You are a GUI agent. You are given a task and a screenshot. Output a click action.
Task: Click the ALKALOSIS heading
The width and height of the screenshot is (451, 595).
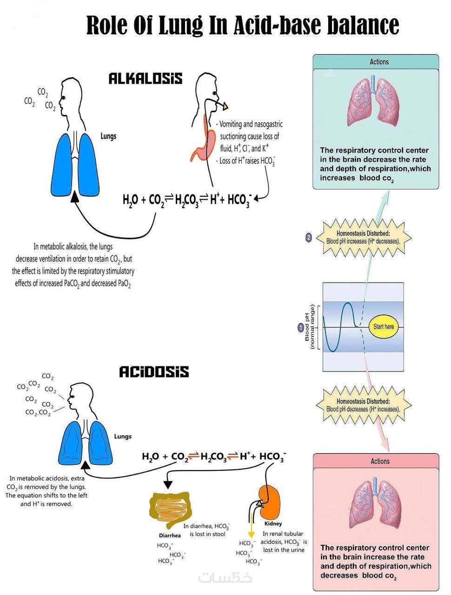pyautogui.click(x=145, y=79)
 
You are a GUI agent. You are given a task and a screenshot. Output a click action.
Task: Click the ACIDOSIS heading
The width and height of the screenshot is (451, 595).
pyautogui.click(x=154, y=372)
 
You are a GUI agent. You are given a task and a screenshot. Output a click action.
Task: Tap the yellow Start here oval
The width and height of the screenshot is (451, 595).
pyautogui.click(x=384, y=327)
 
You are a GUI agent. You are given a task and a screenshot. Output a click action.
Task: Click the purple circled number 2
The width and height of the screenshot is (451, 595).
pyautogui.click(x=309, y=238)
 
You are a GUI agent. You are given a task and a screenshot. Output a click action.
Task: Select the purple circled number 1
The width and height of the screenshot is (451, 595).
pyautogui.click(x=301, y=328)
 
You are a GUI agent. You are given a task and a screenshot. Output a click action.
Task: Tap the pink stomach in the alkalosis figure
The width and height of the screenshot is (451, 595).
pyautogui.click(x=207, y=144)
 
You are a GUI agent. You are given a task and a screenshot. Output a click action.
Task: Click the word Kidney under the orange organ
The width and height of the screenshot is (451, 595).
pyautogui.click(x=273, y=523)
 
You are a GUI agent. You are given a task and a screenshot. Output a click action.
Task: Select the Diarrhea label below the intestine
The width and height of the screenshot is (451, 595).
pyautogui.click(x=170, y=535)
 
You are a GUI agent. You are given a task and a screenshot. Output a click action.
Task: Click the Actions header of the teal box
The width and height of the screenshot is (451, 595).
pyautogui.click(x=379, y=62)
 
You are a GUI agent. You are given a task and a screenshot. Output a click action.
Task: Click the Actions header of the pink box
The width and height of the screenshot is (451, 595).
pyautogui.click(x=380, y=461)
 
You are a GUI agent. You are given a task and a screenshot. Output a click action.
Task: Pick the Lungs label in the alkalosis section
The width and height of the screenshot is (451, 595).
pyautogui.click(x=108, y=136)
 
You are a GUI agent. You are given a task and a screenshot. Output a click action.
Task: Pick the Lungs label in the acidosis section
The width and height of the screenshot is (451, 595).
pyautogui.click(x=123, y=436)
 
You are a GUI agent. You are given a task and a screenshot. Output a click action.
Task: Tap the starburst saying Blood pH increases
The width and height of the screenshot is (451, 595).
pyautogui.click(x=363, y=238)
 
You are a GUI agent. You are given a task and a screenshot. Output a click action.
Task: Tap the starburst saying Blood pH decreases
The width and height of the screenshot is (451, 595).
pyautogui.click(x=363, y=405)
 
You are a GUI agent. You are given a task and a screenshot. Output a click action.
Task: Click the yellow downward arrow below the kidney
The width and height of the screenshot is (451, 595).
pyautogui.click(x=252, y=528)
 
